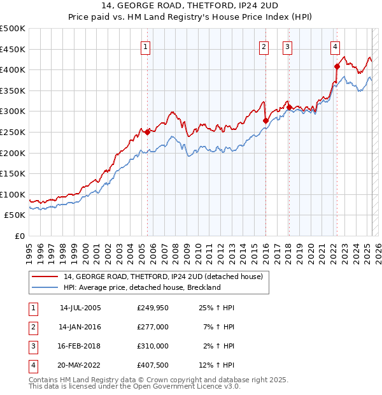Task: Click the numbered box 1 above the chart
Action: click(x=146, y=46)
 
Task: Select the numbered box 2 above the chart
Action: click(x=264, y=46)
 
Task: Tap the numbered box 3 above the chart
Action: click(x=287, y=46)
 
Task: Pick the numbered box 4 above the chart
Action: click(x=335, y=46)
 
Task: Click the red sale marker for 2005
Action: click(x=147, y=132)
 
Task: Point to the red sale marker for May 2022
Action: click(x=337, y=66)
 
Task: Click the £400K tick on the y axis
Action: click(x=13, y=69)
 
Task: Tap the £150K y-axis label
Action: click(x=13, y=173)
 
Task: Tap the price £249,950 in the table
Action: click(x=153, y=308)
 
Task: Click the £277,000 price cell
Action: click(x=153, y=327)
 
